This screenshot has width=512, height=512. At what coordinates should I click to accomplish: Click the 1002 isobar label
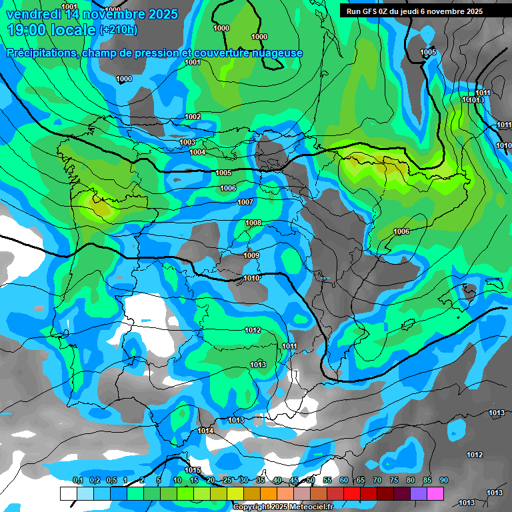coord(193,117)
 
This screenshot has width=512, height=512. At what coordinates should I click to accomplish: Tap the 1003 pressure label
coord(187,142)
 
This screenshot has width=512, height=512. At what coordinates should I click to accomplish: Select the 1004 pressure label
coord(197,152)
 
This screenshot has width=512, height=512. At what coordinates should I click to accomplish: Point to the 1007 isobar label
coord(245,201)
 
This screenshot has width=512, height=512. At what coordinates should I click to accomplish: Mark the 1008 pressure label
coord(253,223)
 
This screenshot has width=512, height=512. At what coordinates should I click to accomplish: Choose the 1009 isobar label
coord(251,255)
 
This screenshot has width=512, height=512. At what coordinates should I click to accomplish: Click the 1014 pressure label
coord(205,431)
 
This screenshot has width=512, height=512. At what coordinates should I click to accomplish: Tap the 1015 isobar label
coord(193,471)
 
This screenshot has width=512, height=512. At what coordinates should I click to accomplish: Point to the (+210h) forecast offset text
coord(119,30)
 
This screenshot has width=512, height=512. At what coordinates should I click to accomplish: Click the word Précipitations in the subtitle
coord(40,53)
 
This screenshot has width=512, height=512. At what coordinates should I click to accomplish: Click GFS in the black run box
coord(373,11)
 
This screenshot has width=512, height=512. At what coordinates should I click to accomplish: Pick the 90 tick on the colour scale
coord(443,480)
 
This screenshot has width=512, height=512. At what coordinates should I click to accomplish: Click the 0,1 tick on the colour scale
coord(78,480)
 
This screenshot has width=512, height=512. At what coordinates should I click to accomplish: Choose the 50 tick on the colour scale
coord(311,480)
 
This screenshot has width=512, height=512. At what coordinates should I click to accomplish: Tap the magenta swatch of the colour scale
coord(435,493)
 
